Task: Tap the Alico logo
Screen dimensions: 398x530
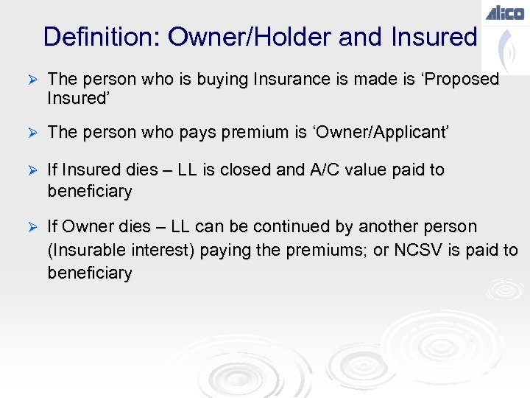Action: pyautogui.click(x=505, y=12)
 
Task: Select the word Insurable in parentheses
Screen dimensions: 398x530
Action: pyautogui.click(x=84, y=251)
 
